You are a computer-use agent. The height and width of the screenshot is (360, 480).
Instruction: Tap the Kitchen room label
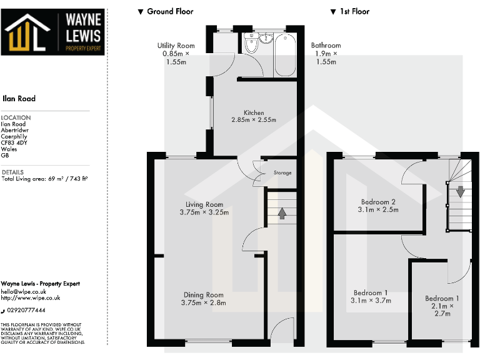click(x=254, y=113)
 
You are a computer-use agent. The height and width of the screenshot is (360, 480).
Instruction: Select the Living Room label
click(x=204, y=204)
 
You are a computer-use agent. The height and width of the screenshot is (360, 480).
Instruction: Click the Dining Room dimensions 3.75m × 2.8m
click(x=203, y=303)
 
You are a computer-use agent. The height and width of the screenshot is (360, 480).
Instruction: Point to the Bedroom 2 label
click(x=378, y=202)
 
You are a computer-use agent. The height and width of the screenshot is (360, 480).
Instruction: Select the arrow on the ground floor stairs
click(x=282, y=214)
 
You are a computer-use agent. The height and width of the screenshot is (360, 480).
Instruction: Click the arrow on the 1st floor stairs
click(x=460, y=191)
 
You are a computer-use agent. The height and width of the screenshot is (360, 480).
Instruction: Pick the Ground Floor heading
click(x=166, y=11)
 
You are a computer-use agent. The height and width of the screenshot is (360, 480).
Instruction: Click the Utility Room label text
click(x=176, y=46)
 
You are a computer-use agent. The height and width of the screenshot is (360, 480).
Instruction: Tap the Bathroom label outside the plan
click(x=326, y=46)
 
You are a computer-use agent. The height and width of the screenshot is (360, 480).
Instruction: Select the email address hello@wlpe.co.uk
click(x=24, y=291)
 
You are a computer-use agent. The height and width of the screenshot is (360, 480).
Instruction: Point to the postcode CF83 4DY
click(x=17, y=143)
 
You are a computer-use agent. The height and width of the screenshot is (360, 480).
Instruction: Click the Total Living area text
click(x=44, y=179)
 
